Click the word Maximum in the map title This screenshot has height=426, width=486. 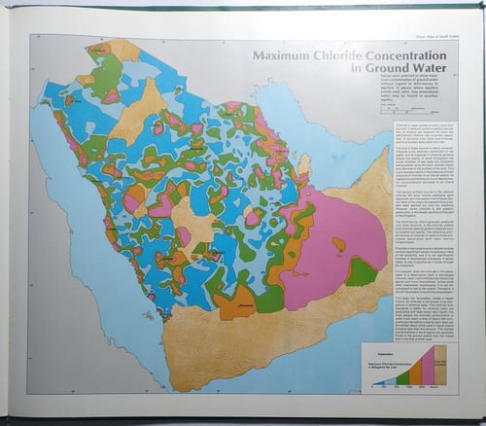pyautogui.click(x=284, y=56)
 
